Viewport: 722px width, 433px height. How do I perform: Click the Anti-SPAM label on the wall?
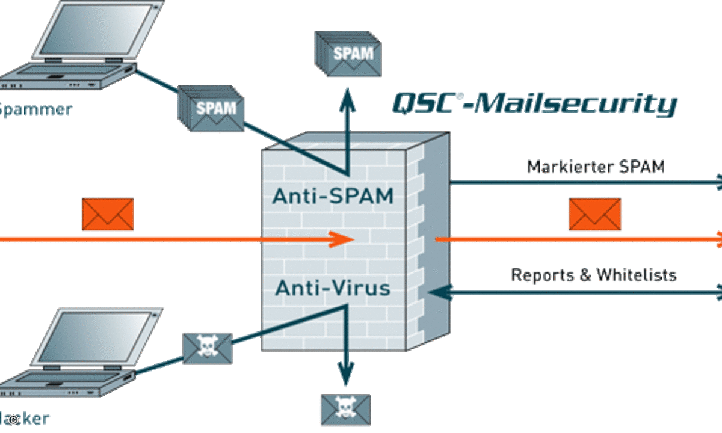coord(332,196)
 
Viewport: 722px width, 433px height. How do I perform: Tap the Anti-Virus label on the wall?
coord(332,289)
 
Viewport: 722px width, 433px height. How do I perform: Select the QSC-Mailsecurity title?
coord(534,103)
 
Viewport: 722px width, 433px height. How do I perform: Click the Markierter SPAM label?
coord(596,167)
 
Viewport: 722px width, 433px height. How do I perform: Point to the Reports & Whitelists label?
coord(593,275)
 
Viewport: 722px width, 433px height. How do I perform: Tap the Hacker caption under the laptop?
coord(24,419)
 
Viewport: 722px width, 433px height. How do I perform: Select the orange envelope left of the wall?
coord(108,214)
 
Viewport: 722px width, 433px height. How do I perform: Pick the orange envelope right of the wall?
coord(594,214)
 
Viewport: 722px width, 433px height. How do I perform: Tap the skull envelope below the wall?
coord(345,409)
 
